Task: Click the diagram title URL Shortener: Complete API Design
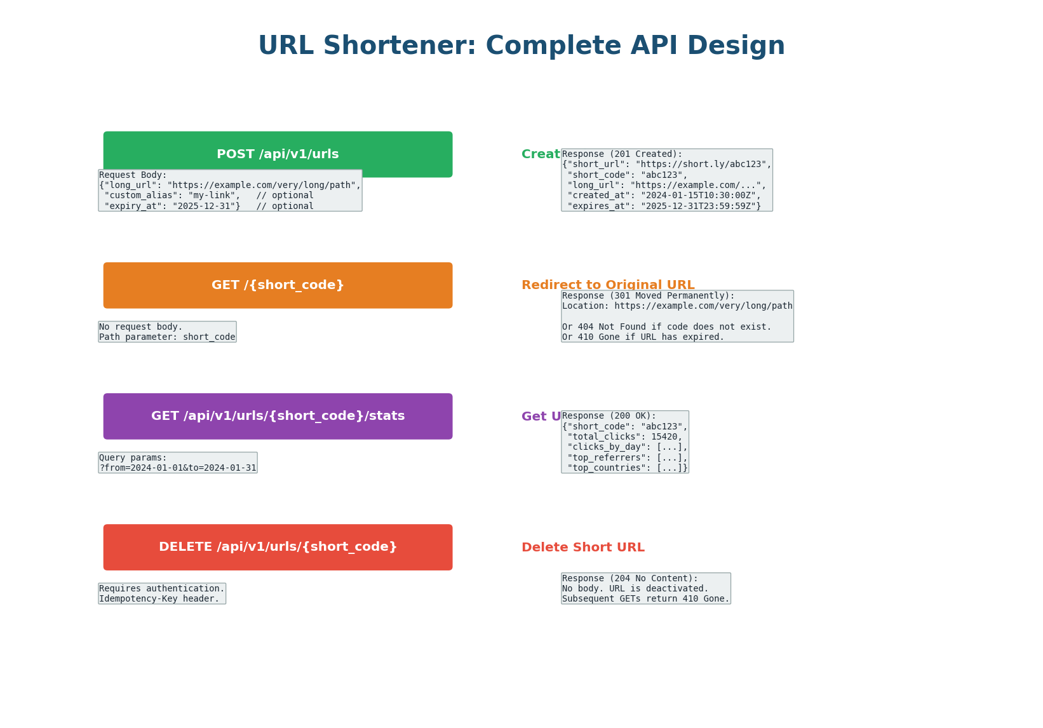pyautogui.click(x=521, y=46)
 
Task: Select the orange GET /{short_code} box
pyautogui.click(x=278, y=285)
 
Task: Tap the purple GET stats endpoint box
pyautogui.click(x=278, y=416)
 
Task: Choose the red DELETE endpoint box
pyautogui.click(x=278, y=547)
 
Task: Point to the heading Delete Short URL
pyautogui.click(x=582, y=548)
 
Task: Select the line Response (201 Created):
pyautogui.click(x=622, y=154)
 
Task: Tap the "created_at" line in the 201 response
pyautogui.click(x=663, y=196)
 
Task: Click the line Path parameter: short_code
pyautogui.click(x=167, y=337)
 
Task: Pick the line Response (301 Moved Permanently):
pyautogui.click(x=648, y=296)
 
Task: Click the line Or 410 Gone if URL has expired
pyautogui.click(x=643, y=337)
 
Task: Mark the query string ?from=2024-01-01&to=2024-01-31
pyautogui.click(x=178, y=468)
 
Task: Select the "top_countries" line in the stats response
pyautogui.click(x=627, y=468)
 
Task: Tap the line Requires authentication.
pyautogui.click(x=162, y=589)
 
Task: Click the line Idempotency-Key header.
pyautogui.click(x=159, y=599)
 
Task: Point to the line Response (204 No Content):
pyautogui.click(x=629, y=579)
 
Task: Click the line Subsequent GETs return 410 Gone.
pyautogui.click(x=645, y=599)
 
